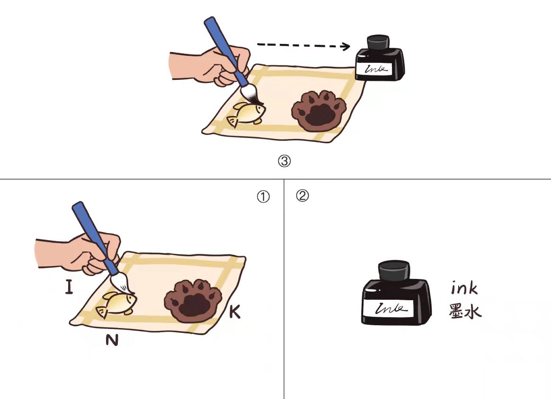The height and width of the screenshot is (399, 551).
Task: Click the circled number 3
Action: point(284,161)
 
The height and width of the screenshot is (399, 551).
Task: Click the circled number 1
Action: point(263,197)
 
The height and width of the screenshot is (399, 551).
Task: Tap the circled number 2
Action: point(302,195)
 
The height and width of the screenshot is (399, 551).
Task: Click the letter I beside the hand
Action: point(69,286)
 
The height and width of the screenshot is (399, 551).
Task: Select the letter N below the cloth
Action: point(112,339)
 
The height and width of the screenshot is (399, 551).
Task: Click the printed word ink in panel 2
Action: point(464,288)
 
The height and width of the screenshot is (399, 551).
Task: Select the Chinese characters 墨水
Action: point(464,311)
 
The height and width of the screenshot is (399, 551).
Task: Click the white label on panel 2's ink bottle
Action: point(391,309)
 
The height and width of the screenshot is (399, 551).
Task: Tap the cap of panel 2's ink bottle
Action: point(394,270)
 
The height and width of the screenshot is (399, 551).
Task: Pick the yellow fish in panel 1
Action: point(116,303)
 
